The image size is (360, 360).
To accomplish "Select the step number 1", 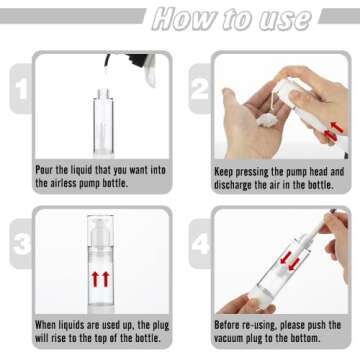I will (x=20, y=91).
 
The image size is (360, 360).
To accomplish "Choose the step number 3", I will (x=20, y=246).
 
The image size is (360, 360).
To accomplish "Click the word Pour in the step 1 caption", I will (x=48, y=171).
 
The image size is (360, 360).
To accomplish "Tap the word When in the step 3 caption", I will (x=51, y=325).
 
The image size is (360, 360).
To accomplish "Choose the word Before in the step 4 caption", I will (x=233, y=325).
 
